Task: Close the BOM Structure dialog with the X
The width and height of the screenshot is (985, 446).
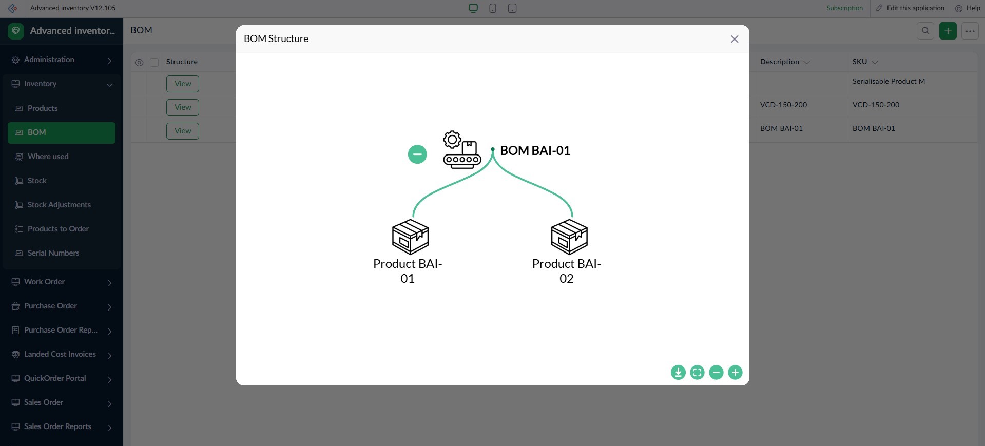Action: pyautogui.click(x=735, y=39)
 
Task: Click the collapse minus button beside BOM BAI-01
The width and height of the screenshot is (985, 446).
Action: pyautogui.click(x=417, y=154)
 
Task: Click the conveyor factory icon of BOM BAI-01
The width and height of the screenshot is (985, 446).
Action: pyautogui.click(x=461, y=150)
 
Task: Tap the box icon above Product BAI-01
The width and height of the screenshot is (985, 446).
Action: pyautogui.click(x=410, y=237)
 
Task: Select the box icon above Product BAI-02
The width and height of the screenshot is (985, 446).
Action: pyautogui.click(x=569, y=237)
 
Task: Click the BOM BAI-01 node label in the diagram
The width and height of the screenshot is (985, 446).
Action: pyautogui.click(x=535, y=150)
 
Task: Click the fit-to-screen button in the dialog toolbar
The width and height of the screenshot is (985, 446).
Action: pyautogui.click(x=697, y=372)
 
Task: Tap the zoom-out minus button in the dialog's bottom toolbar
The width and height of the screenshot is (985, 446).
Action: pyautogui.click(x=716, y=372)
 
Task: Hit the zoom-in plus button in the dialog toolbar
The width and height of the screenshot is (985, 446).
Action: pyautogui.click(x=735, y=372)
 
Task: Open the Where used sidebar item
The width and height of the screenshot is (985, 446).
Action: pyautogui.click(x=48, y=157)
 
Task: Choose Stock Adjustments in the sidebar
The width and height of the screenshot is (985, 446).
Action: pyautogui.click(x=59, y=205)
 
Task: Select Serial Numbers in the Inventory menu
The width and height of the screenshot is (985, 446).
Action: pyautogui.click(x=53, y=253)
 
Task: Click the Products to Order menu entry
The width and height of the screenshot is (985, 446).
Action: pyautogui.click(x=58, y=229)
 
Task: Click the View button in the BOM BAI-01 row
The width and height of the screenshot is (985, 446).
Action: pyautogui.click(x=183, y=131)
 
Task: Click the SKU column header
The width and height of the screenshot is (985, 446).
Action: pyautogui.click(x=860, y=62)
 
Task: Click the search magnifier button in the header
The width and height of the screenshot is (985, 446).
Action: pyautogui.click(x=925, y=31)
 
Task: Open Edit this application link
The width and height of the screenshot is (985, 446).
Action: pyautogui.click(x=915, y=8)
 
